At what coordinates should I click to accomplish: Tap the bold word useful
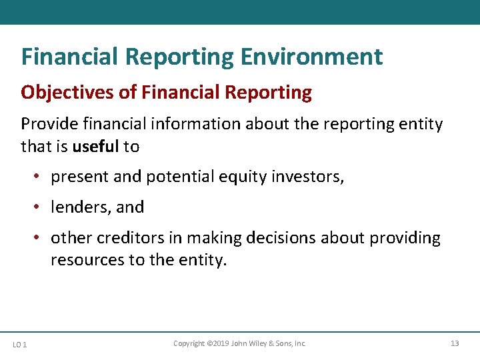pyautogui.click(x=96, y=146)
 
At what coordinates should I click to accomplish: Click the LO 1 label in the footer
pyautogui.click(x=20, y=344)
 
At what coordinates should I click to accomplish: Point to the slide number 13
pyautogui.click(x=455, y=343)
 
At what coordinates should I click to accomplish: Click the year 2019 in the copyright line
pyautogui.click(x=220, y=343)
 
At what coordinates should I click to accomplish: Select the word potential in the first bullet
pyautogui.click(x=177, y=177)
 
